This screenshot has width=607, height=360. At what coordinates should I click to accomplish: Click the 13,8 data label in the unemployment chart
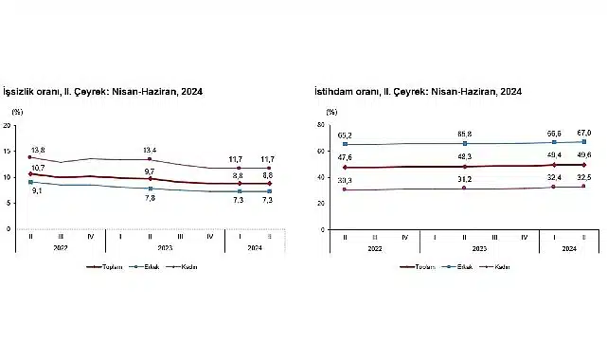tap(39, 150)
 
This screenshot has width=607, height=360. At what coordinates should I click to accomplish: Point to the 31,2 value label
tap(466, 178)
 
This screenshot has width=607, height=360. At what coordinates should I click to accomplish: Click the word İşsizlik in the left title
tap(23, 92)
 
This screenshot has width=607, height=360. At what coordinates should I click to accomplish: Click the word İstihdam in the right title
tap(332, 92)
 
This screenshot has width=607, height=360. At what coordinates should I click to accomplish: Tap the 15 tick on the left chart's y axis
tap(9, 151)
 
